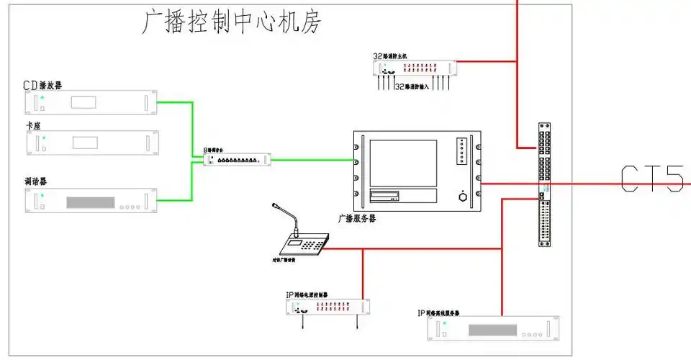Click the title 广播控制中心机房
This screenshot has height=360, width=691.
(230, 22)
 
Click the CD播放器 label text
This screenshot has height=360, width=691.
(42, 85)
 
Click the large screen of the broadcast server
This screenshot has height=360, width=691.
(403, 163)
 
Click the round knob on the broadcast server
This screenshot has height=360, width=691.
(461, 196)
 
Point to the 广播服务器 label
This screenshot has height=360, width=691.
(357, 217)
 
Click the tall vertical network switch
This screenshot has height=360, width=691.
(545, 184)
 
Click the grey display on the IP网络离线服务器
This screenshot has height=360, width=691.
(493, 330)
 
